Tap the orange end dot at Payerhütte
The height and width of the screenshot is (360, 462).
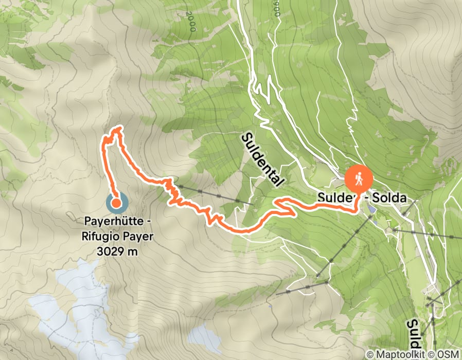(116, 203)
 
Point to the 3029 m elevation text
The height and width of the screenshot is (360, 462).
(117, 252)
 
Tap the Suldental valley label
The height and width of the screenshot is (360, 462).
(262, 159)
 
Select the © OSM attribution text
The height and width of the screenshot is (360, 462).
(446, 355)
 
